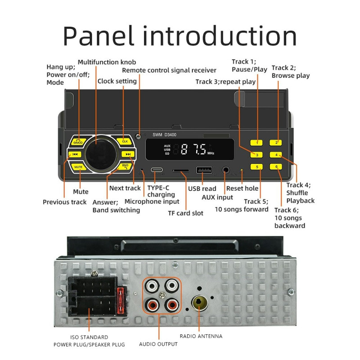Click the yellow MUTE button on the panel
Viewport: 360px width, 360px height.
78,166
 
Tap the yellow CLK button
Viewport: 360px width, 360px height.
125,141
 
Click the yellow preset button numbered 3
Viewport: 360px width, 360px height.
257,155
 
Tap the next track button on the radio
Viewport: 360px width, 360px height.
128,154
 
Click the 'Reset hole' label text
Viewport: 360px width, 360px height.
242,189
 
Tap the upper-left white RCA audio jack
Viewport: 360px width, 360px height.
151,286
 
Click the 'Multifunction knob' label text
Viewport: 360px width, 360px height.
107,62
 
